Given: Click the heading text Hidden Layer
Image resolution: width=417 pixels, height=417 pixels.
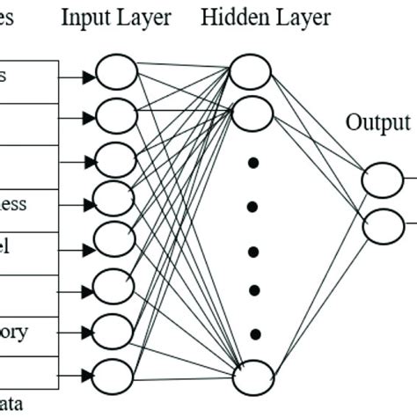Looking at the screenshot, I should point(266,18).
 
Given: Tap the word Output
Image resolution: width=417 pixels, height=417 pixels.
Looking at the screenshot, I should point(377,122).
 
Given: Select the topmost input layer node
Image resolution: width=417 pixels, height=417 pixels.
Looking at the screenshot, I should point(115,73).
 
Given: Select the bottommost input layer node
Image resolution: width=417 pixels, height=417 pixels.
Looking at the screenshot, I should point(113,375).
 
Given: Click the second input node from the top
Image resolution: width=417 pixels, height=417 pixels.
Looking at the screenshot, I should point(115,115).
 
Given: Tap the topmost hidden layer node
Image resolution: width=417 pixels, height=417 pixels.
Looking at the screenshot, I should point(251,73).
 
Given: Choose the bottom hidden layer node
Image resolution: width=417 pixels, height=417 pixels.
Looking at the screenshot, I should point(252,378).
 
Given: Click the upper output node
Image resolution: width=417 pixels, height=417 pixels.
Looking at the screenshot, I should point(383,182).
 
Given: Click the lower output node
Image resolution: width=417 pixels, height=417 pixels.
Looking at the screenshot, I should point(383,226).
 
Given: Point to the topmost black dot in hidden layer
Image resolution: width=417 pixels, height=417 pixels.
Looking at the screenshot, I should point(253,163).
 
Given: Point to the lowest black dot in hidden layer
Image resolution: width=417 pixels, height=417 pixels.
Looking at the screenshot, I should point(253,333).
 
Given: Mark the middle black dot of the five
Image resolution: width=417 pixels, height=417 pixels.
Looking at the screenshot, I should point(253,252).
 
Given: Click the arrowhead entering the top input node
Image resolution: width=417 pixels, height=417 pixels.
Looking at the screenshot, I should point(88,77).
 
